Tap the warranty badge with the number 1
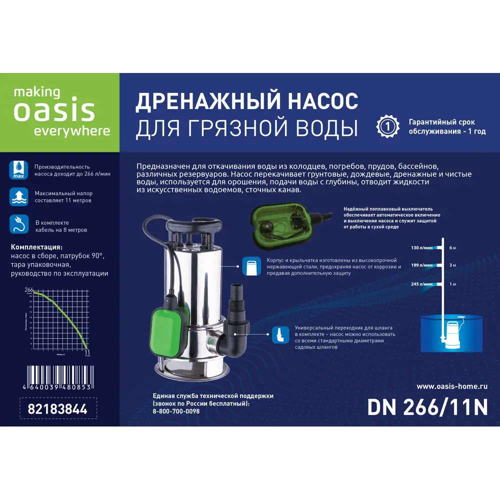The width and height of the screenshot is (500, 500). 388,125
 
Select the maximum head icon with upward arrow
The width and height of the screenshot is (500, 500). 18,196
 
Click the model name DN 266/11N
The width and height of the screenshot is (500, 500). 427,407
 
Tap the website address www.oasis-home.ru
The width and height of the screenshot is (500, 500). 451,386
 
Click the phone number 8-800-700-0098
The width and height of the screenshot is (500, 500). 176,411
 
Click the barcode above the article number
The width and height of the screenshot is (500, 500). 57,374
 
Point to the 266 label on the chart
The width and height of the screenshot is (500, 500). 28,289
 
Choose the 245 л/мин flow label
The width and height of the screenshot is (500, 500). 421,284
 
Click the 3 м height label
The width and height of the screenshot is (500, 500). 452,265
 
